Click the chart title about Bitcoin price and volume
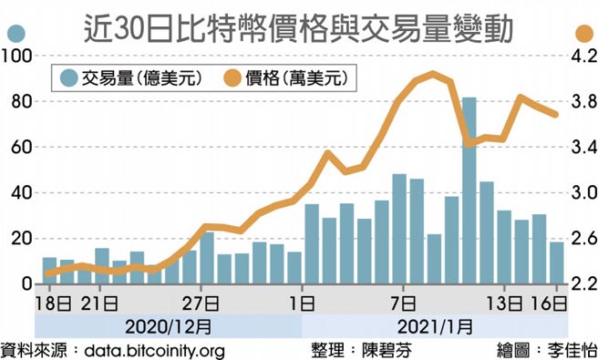pyautogui.click(x=299, y=26)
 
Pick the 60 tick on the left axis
pyautogui.click(x=20, y=148)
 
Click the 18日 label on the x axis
pyautogui.click(x=50, y=302)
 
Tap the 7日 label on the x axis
pyautogui.click(x=402, y=302)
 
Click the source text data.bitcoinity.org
pyautogui.click(x=153, y=350)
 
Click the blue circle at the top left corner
pyautogui.click(x=15, y=34)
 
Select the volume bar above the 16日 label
pyautogui.click(x=556, y=263)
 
